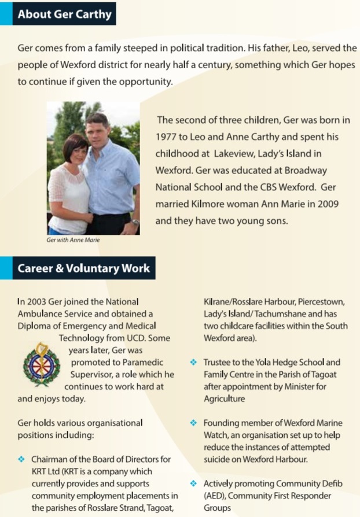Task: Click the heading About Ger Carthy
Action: click(64, 14)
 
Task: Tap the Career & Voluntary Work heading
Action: click(83, 268)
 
